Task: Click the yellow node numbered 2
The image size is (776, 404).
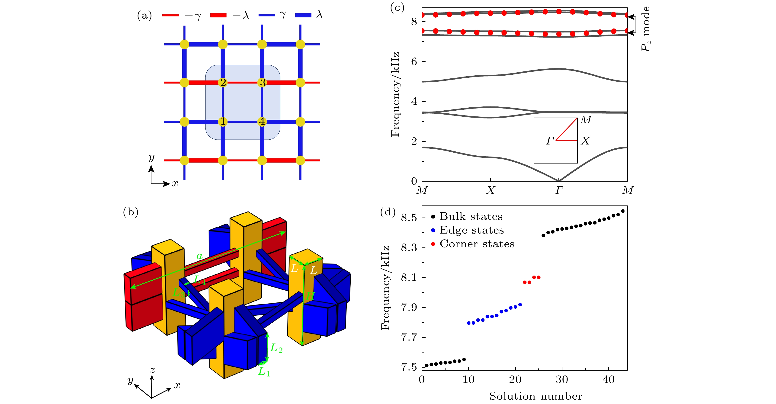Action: (223, 82)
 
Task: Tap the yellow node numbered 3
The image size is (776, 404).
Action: (262, 82)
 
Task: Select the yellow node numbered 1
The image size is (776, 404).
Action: (223, 122)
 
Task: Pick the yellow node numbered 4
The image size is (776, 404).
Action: (262, 122)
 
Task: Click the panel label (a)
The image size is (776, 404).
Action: (144, 15)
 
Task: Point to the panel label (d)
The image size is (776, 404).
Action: (388, 212)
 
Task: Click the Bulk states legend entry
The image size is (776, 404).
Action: (471, 217)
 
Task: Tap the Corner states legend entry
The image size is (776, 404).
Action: (477, 244)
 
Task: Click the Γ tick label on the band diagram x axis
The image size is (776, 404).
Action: (559, 190)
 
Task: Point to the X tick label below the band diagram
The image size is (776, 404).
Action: (491, 190)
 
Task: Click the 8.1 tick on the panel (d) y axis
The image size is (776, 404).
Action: (409, 277)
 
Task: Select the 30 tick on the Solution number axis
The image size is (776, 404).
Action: (562, 380)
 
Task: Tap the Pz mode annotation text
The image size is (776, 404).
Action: (645, 29)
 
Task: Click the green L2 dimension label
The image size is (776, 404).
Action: (276, 348)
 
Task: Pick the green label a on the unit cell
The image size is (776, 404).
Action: (199, 256)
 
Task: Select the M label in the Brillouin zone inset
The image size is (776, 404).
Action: (586, 120)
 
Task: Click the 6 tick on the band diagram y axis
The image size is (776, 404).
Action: (414, 62)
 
